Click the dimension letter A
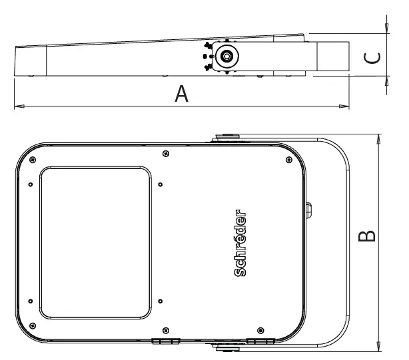[181, 95]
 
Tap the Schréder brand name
[241, 243]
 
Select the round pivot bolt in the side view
[227, 57]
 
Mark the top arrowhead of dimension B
[378, 138]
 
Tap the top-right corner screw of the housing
[288, 158]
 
